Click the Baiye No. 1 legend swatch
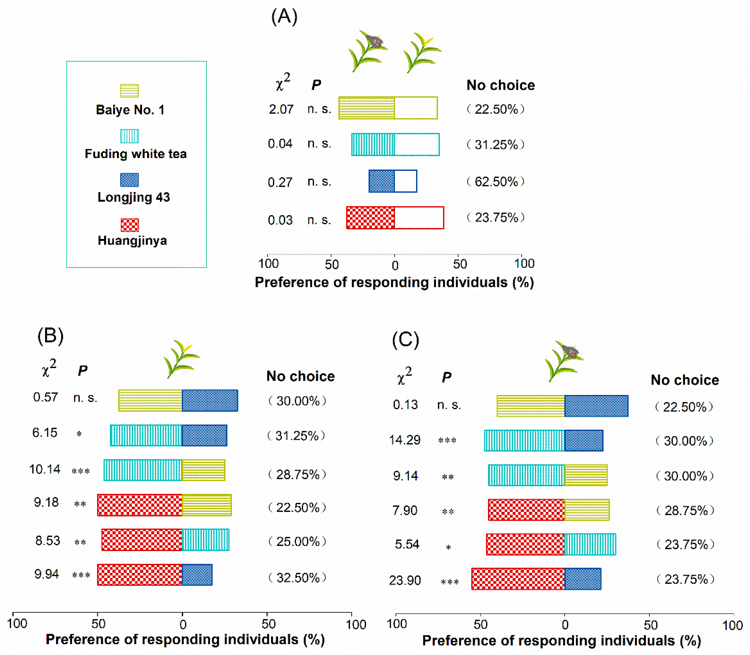(x=129, y=91)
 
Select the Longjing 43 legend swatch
(x=129, y=180)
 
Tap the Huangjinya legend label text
(x=132, y=240)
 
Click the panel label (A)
(x=284, y=17)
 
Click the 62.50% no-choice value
(x=496, y=181)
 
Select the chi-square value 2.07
(x=281, y=109)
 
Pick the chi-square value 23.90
(x=405, y=580)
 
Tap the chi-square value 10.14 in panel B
(x=45, y=469)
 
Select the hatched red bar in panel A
(x=370, y=218)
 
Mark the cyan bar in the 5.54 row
(x=590, y=544)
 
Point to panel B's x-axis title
(x=185, y=639)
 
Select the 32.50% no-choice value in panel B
(x=298, y=578)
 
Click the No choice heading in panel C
(x=685, y=380)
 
